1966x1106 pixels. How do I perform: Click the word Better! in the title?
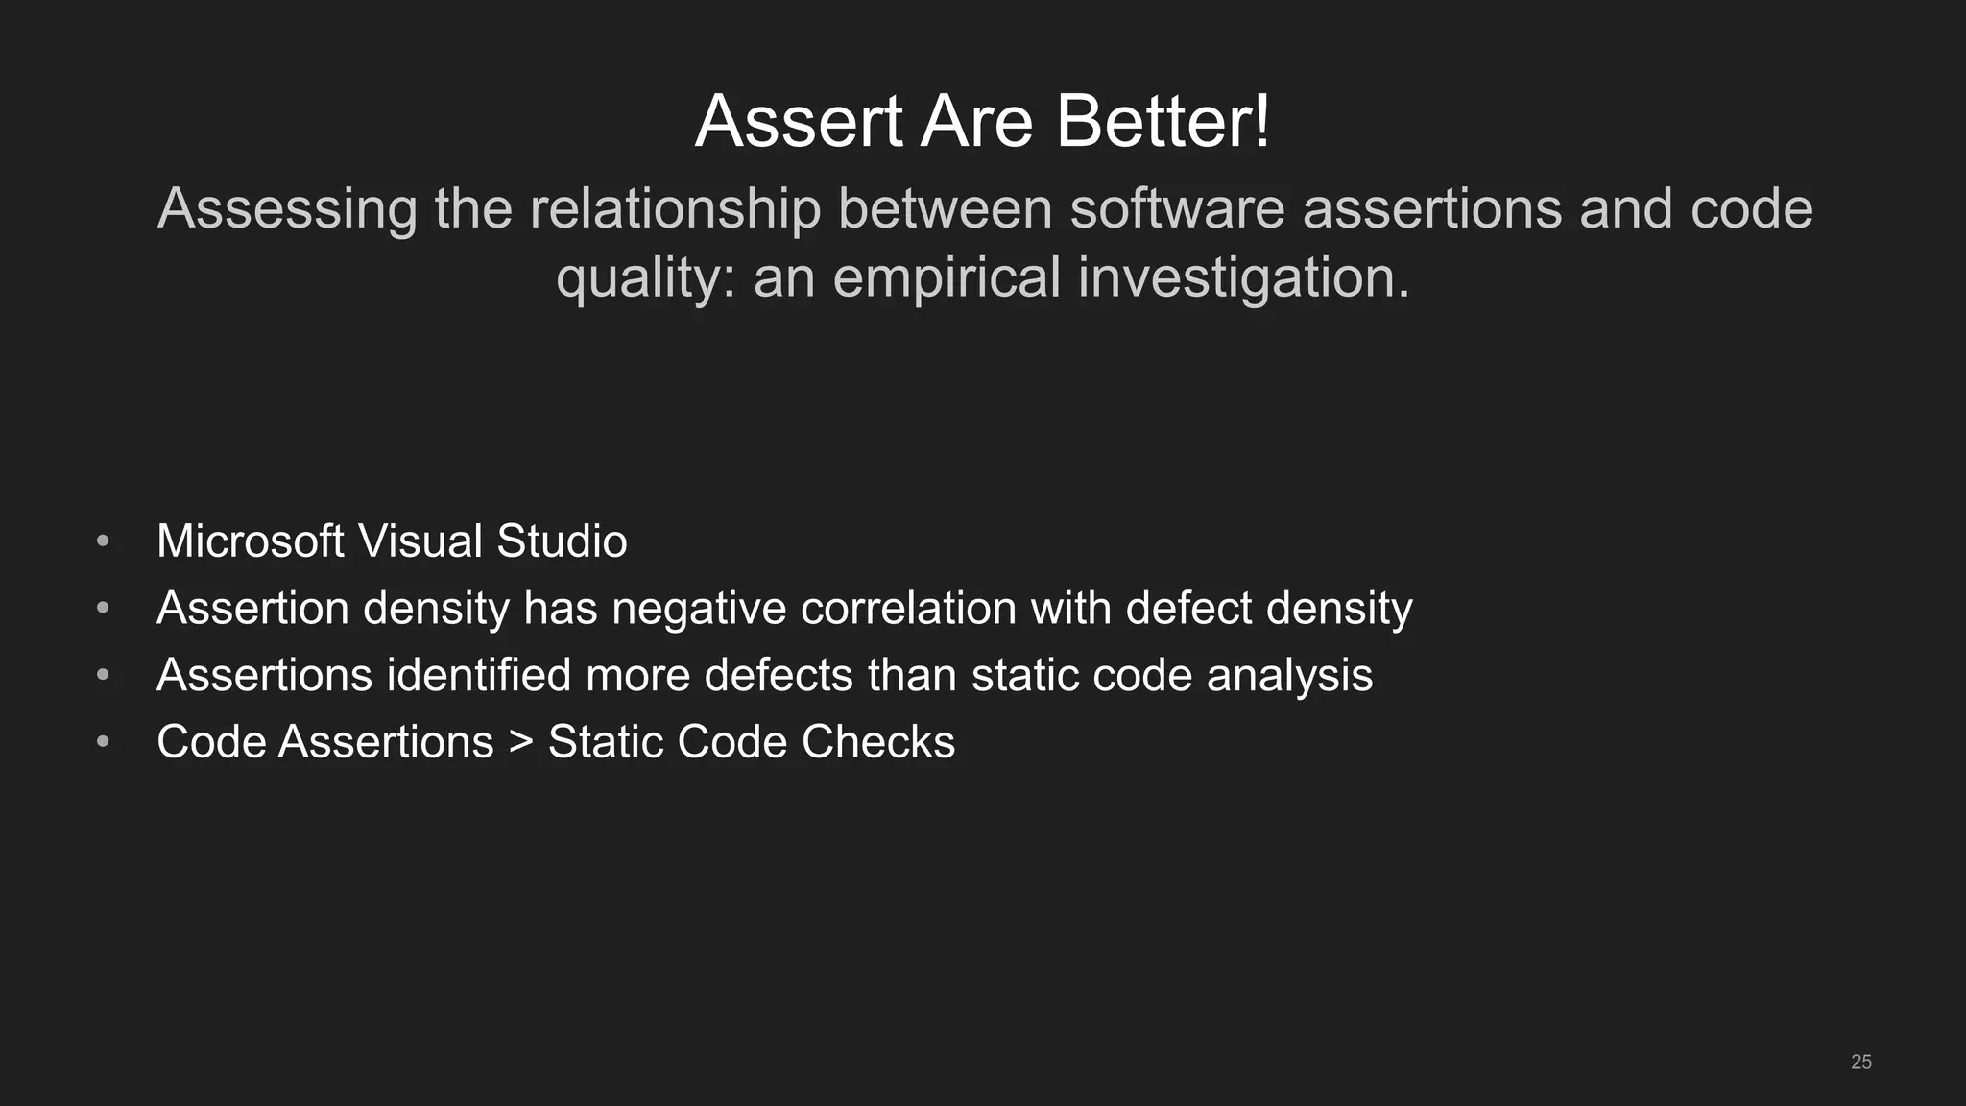click(1163, 122)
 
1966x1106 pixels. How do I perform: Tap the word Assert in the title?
click(799, 122)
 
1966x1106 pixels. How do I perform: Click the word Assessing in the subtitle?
click(287, 209)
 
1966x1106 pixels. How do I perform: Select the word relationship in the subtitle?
click(675, 209)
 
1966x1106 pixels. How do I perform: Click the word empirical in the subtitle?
click(947, 277)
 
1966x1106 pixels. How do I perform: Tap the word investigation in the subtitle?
click(1243, 279)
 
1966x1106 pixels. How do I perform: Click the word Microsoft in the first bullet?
click(250, 541)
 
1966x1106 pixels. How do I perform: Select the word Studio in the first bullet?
click(562, 541)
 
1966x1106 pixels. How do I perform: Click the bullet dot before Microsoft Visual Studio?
click(103, 542)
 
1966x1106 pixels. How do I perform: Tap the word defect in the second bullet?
click(1188, 609)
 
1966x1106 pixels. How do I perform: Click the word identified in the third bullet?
click(479, 675)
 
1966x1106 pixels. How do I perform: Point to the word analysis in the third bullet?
click(1289, 676)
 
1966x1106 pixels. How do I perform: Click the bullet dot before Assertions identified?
click(103, 676)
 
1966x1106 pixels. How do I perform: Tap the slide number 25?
click(1860, 1062)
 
